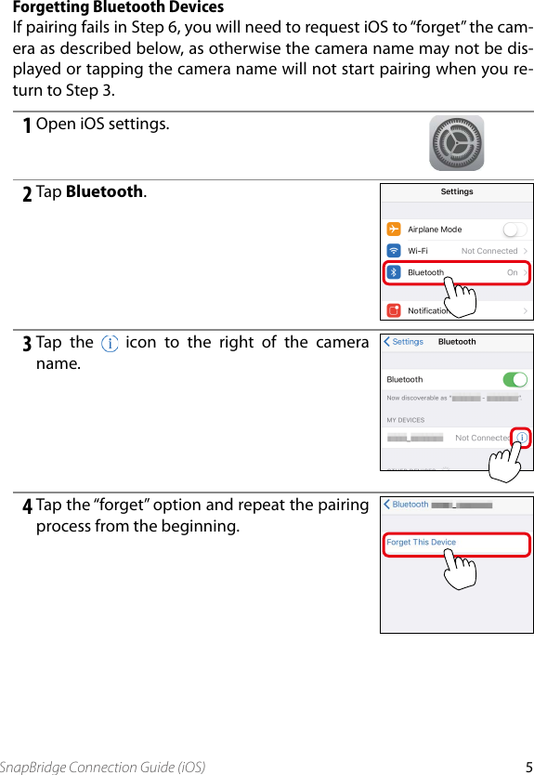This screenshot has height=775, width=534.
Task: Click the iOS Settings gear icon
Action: pos(456,143)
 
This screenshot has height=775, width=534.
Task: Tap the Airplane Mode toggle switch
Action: pos(514,230)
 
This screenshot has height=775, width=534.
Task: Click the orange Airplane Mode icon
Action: pos(394,230)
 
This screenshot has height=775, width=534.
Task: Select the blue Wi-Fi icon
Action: pos(394,251)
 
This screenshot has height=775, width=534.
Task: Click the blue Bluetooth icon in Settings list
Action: pos(394,272)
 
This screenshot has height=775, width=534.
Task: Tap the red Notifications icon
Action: pos(394,310)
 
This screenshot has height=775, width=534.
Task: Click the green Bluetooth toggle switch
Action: pos(514,379)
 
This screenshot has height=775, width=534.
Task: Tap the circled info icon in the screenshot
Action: pos(522,437)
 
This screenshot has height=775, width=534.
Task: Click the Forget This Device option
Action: pos(422,543)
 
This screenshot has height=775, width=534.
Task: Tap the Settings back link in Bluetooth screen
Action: pos(404,342)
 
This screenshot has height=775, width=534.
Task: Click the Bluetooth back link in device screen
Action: pos(407,505)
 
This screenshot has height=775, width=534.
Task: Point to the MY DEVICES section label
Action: pos(406,420)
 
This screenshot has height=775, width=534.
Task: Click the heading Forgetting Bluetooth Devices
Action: pos(118,7)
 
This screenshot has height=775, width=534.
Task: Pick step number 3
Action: pos(28,344)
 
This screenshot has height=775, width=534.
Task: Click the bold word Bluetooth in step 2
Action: pos(105,192)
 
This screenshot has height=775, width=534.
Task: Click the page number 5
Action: pos(527,767)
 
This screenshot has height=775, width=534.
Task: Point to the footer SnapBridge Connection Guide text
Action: pos(103,767)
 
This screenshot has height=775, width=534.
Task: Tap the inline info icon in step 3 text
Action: pos(110,343)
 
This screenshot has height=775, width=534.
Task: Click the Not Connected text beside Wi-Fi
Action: pos(489,251)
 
